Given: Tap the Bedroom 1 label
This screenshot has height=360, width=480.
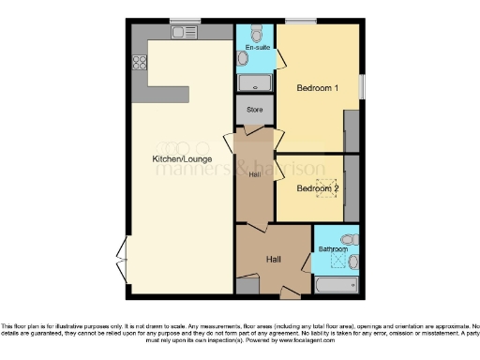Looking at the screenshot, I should tap(317, 88).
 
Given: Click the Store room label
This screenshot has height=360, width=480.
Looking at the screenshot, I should tap(255, 111).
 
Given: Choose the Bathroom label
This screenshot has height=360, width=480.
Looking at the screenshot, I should tap(333, 249).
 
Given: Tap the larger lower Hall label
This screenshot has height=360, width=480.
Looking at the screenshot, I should tap(273, 259).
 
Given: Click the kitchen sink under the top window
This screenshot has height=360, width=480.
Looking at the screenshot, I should tap(180, 32).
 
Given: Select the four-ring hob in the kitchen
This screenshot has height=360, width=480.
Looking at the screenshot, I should tap(141, 64).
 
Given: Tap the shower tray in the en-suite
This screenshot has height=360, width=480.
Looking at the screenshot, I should tap(255, 83).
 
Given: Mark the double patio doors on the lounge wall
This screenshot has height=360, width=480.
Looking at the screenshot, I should tap(121, 253).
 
